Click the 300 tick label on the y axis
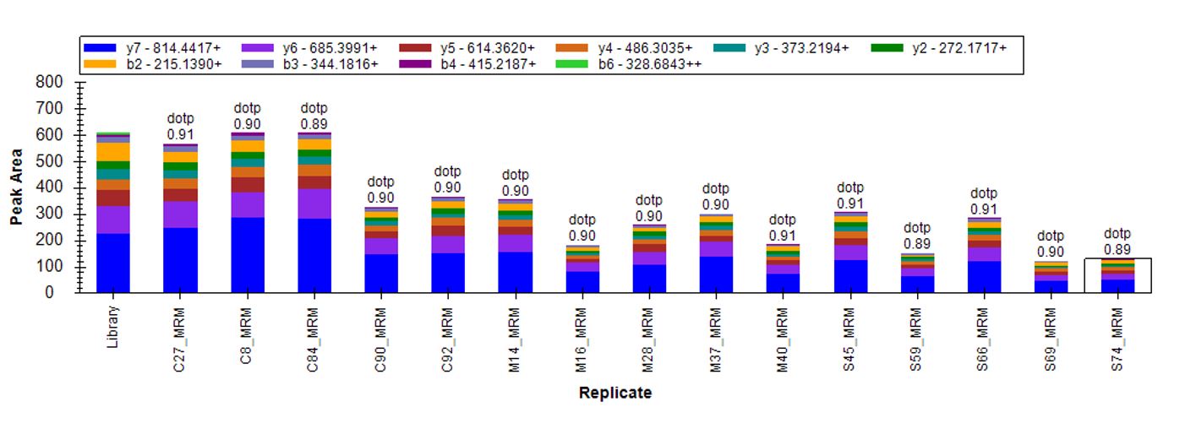(x=50, y=214)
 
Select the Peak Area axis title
(x=16, y=187)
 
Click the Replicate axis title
(x=614, y=393)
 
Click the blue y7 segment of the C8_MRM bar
(x=248, y=255)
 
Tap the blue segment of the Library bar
(x=113, y=263)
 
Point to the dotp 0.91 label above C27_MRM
(x=180, y=127)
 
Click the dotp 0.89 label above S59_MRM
(x=917, y=236)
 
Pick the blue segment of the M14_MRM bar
(x=516, y=272)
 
